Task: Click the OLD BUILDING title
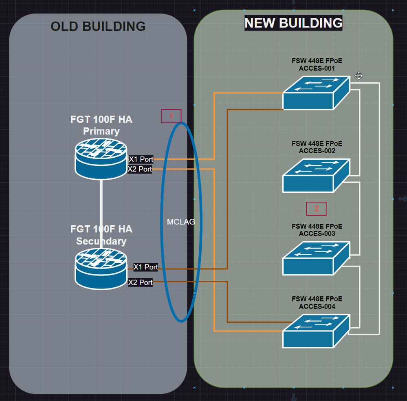pos(98,26)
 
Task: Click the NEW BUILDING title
pos(293,23)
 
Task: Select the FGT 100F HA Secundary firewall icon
pos(101,269)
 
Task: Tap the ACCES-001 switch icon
pos(316,93)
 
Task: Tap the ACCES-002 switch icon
pos(316,176)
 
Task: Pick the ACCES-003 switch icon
pos(316,258)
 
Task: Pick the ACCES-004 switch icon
pos(316,331)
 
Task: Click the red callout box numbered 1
pos(171,116)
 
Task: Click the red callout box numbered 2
pos(317,209)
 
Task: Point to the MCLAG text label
pos(181,222)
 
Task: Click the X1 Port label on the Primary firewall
pos(141,159)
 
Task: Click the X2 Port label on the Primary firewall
pos(140,169)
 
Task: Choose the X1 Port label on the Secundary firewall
pos(146,267)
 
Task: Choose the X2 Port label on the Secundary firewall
pos(141,282)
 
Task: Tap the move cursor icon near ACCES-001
pos(359,76)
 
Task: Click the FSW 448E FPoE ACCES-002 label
pos(317,147)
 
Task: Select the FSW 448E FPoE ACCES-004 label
pos(317,303)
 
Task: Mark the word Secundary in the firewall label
pos(101,241)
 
